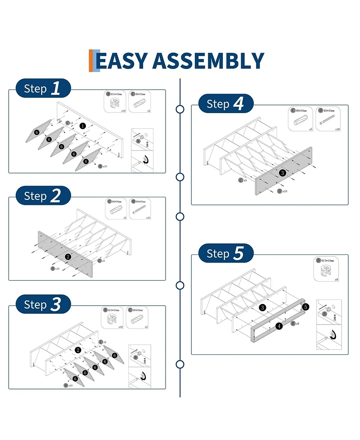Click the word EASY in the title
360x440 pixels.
click(x=121, y=61)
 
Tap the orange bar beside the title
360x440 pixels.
click(x=91, y=61)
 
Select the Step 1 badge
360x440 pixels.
click(x=43, y=88)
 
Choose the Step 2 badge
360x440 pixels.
click(x=43, y=196)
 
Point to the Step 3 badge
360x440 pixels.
click(x=43, y=304)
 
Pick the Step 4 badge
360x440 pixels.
click(x=225, y=104)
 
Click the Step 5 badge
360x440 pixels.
click(x=225, y=254)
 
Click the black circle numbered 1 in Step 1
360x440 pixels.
click(x=83, y=126)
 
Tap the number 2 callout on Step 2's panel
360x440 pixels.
click(x=68, y=257)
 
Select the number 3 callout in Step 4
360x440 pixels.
click(x=282, y=172)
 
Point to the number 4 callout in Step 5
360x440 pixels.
click(x=279, y=326)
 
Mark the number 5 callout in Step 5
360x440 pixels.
click(x=306, y=307)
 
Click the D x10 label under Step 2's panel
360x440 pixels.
click(x=55, y=268)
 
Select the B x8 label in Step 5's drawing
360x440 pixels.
click(x=295, y=323)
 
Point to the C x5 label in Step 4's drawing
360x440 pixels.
click(x=243, y=180)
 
